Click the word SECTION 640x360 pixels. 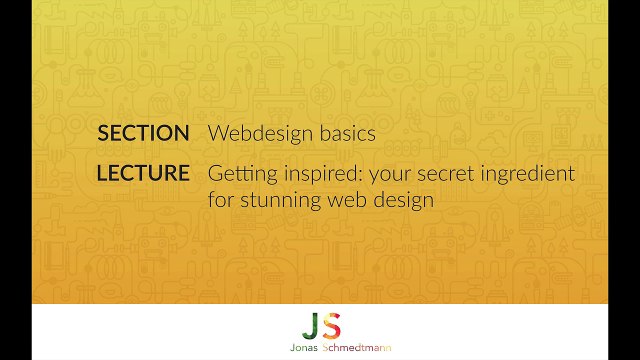(143, 133)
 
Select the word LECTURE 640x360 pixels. (143, 173)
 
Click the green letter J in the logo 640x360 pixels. (309, 325)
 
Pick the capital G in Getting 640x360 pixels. (215, 173)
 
